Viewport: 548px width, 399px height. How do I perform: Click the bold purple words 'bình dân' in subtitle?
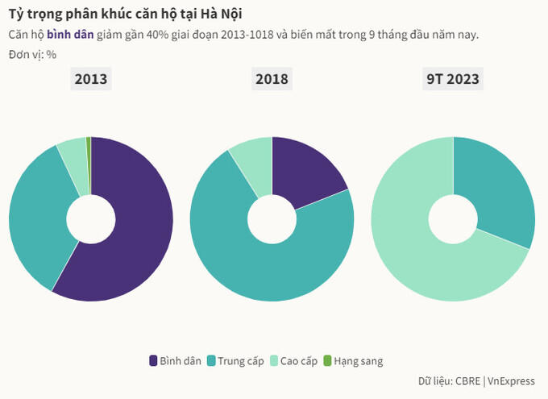click(x=70, y=35)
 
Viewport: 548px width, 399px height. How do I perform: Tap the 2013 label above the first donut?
click(x=91, y=79)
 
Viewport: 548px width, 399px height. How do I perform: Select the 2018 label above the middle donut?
click(x=272, y=79)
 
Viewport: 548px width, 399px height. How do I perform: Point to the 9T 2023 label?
click(x=453, y=79)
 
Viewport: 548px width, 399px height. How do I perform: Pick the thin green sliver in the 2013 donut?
click(x=89, y=161)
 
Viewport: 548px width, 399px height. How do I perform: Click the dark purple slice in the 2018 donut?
click(x=310, y=173)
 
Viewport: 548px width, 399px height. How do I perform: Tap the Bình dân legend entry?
click(x=175, y=360)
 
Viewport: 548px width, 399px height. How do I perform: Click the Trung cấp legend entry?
click(x=235, y=360)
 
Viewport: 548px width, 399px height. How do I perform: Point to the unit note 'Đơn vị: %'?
click(x=38, y=54)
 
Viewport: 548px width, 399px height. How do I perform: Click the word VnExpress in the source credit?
click(x=512, y=381)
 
